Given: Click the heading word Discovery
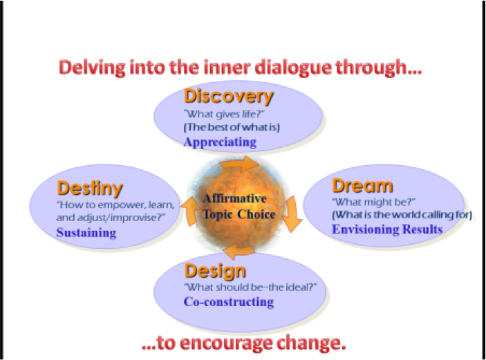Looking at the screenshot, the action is pyautogui.click(x=229, y=96).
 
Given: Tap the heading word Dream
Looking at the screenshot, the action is pyautogui.click(x=363, y=186).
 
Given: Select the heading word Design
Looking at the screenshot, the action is pyautogui.click(x=215, y=269).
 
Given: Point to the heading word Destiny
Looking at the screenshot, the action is pyautogui.click(x=91, y=188).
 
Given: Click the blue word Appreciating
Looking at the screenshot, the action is pyautogui.click(x=220, y=142).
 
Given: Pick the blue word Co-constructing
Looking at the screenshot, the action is pyautogui.click(x=228, y=301).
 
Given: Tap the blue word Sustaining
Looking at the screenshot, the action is pyautogui.click(x=86, y=232).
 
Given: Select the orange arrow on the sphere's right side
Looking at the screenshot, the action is pyautogui.click(x=294, y=214).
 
